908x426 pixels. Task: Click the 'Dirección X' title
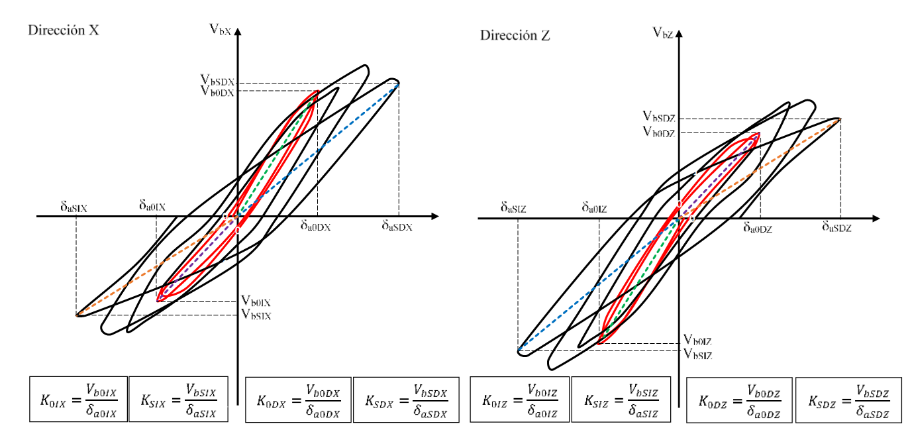[x=64, y=30]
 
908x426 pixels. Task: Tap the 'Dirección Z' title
[x=515, y=36]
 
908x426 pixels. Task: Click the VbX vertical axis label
[x=220, y=28]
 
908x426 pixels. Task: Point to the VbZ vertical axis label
[x=663, y=32]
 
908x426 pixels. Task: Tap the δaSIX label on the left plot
[x=74, y=207]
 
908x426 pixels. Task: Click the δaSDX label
[x=397, y=226]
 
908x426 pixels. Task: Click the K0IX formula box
[x=78, y=399]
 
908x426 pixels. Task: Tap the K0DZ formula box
[x=738, y=399]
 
